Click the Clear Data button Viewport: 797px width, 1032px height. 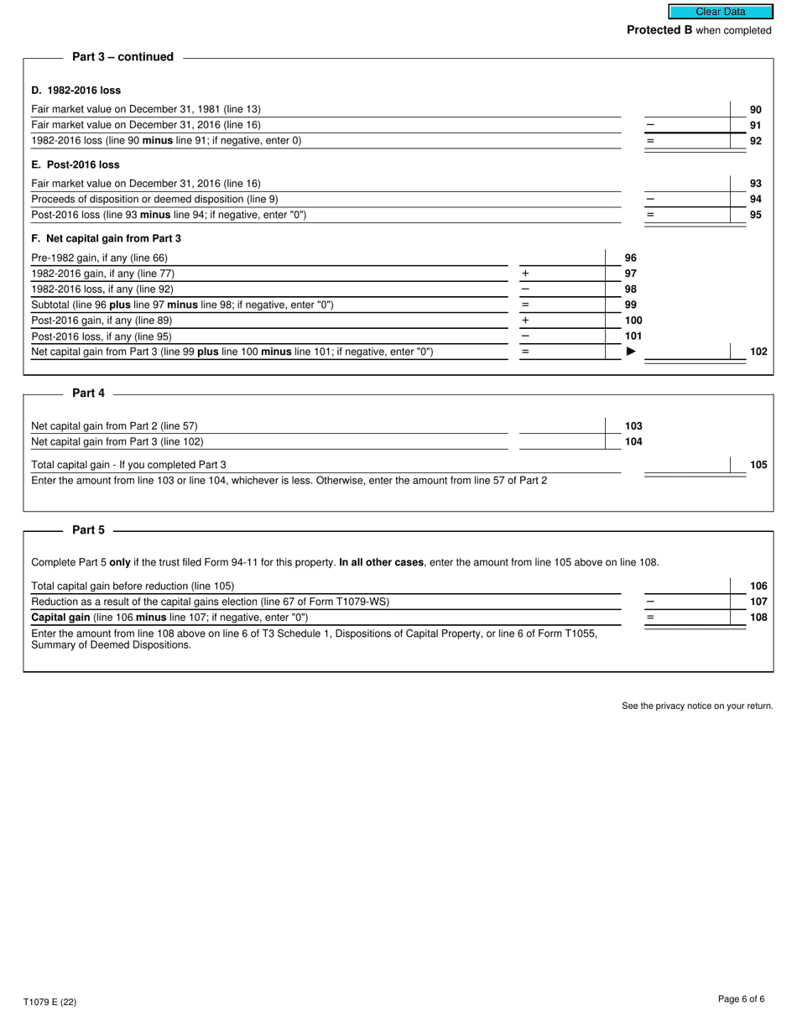click(x=720, y=12)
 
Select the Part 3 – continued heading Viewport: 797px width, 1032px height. click(x=122, y=57)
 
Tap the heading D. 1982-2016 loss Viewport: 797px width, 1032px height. click(x=76, y=90)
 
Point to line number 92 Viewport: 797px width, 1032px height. click(x=755, y=141)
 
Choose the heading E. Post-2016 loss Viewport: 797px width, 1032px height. click(x=76, y=164)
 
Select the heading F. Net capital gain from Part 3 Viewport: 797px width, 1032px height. click(x=106, y=238)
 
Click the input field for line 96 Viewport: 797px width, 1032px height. click(x=560, y=258)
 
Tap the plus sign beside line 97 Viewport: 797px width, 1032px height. click(x=525, y=274)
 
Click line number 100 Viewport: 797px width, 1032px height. click(x=633, y=321)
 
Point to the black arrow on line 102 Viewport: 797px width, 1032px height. click(x=631, y=352)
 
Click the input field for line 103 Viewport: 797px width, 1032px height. click(x=560, y=425)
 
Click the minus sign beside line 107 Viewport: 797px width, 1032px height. click(x=649, y=602)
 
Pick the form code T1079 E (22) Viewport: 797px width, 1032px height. click(x=49, y=1002)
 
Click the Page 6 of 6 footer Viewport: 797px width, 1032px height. click(x=741, y=998)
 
